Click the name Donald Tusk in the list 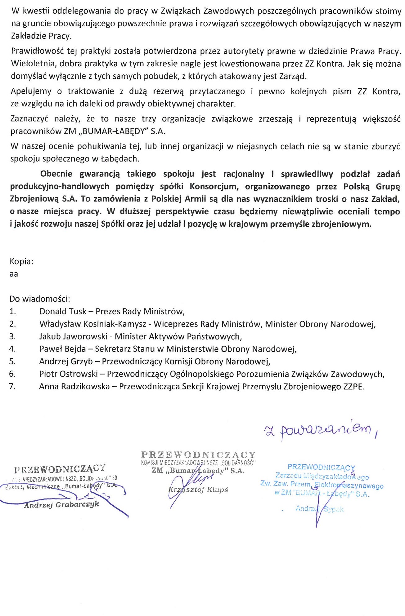coord(63,311)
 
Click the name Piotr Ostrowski coord(68,374)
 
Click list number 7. coord(12,387)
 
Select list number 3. coord(12,336)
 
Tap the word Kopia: coord(21,261)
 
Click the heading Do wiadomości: coord(40,299)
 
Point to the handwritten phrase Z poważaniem coord(320,430)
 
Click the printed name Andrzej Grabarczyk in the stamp coord(62,505)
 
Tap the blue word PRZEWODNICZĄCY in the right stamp coord(321,467)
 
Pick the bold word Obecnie coord(56,174)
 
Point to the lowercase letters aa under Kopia coord(14,274)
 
